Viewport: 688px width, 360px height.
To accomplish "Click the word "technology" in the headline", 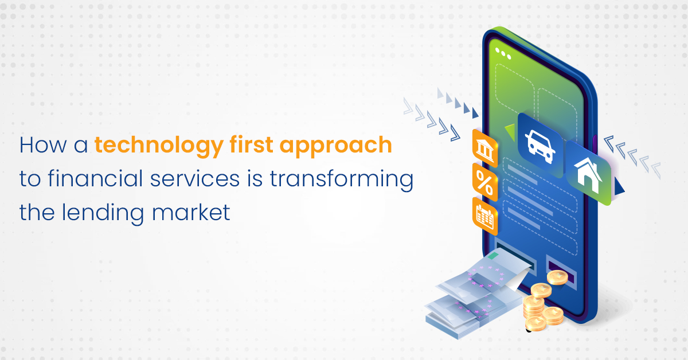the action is coord(159,146).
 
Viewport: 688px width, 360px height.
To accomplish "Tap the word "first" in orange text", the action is coord(252,144).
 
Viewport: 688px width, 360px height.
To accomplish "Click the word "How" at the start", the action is coord(43,144).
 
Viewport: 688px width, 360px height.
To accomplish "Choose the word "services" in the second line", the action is coord(195,178).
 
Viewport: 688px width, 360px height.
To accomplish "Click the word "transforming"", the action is coord(342,180).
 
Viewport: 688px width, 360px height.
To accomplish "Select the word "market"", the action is coord(191,212).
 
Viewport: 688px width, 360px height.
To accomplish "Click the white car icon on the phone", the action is coord(540,146).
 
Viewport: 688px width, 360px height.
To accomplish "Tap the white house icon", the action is coord(588,175).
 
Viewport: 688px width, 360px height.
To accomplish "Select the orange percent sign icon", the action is coord(484,183).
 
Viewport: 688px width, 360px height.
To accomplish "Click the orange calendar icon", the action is coord(484,217).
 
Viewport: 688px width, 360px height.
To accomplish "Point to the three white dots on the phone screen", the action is coord(503,53).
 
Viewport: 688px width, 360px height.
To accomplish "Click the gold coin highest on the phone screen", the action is coord(557,277).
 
